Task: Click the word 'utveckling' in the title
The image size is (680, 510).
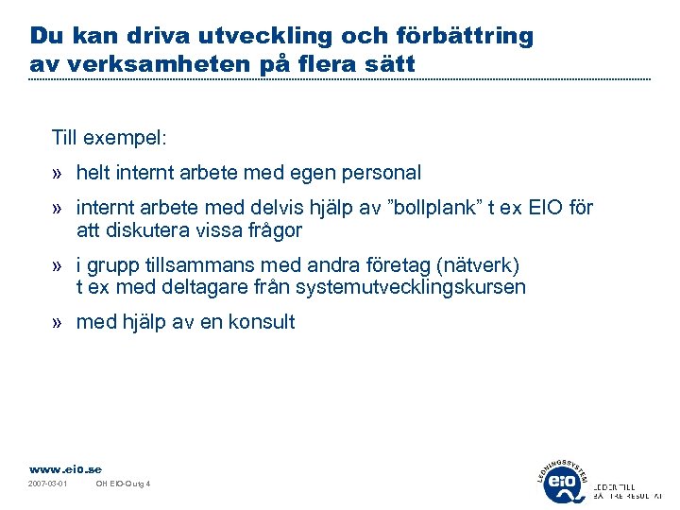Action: [x=254, y=37]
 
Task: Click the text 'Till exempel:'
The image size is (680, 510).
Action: [x=110, y=138]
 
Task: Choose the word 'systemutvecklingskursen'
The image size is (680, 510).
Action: [x=411, y=287]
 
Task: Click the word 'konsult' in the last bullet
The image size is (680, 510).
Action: [x=263, y=322]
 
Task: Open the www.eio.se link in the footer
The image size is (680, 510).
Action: [x=65, y=469]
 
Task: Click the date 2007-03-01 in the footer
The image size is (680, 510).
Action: [x=48, y=484]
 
